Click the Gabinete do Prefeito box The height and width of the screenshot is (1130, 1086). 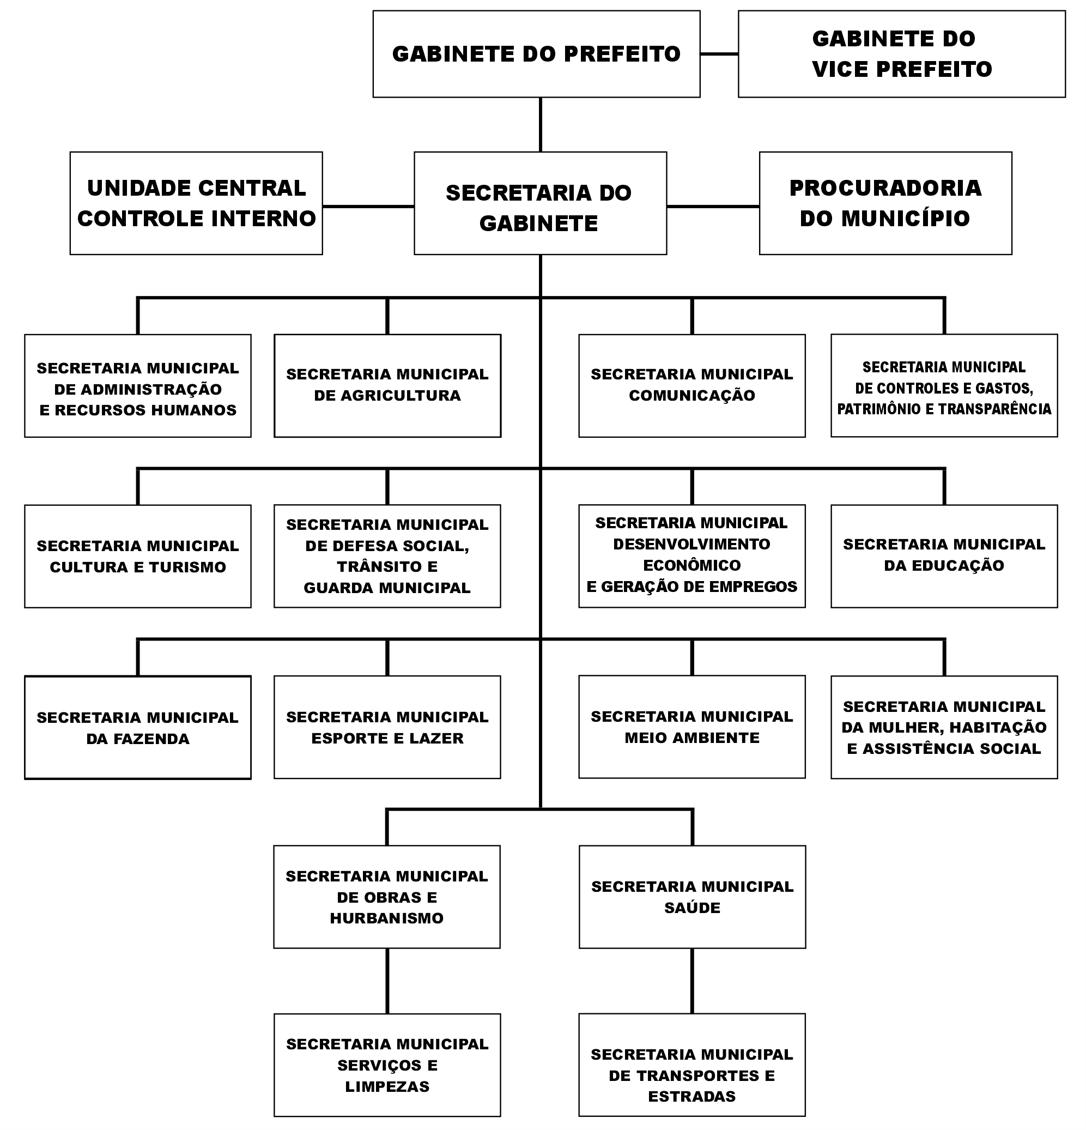click(536, 53)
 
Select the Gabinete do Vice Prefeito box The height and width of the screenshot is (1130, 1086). click(901, 53)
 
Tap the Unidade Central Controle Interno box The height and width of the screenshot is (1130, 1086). click(196, 203)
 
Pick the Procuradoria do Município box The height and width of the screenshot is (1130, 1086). click(885, 203)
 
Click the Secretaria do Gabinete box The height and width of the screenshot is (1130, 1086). click(540, 203)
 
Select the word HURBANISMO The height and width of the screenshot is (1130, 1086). click(387, 918)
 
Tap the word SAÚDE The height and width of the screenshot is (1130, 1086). click(692, 907)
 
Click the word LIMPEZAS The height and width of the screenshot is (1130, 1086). click(387, 1086)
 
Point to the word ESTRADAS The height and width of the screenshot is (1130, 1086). click(691, 1096)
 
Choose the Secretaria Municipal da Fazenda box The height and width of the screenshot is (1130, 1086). click(138, 728)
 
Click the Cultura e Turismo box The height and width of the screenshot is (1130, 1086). click(138, 557)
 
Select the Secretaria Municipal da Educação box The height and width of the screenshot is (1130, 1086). click(944, 557)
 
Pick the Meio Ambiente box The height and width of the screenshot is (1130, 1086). click(691, 727)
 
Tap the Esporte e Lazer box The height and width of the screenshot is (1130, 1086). click(387, 727)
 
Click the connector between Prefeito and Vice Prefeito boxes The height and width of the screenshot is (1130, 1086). click(719, 53)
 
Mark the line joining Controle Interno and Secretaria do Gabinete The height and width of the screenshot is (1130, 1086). click(368, 206)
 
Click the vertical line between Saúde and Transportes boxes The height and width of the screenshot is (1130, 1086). click(692, 981)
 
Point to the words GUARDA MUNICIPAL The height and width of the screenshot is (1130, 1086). click(387, 588)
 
